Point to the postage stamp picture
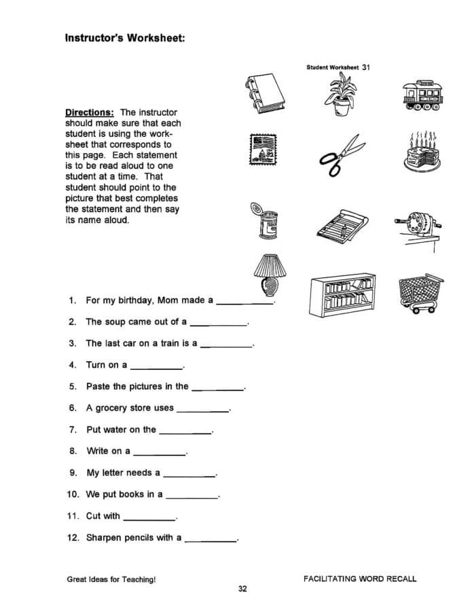(264, 152)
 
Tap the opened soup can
(266, 222)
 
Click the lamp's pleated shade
(267, 264)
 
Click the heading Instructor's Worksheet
(125, 39)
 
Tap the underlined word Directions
(89, 112)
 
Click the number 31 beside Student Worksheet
(366, 67)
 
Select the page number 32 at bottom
(242, 589)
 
